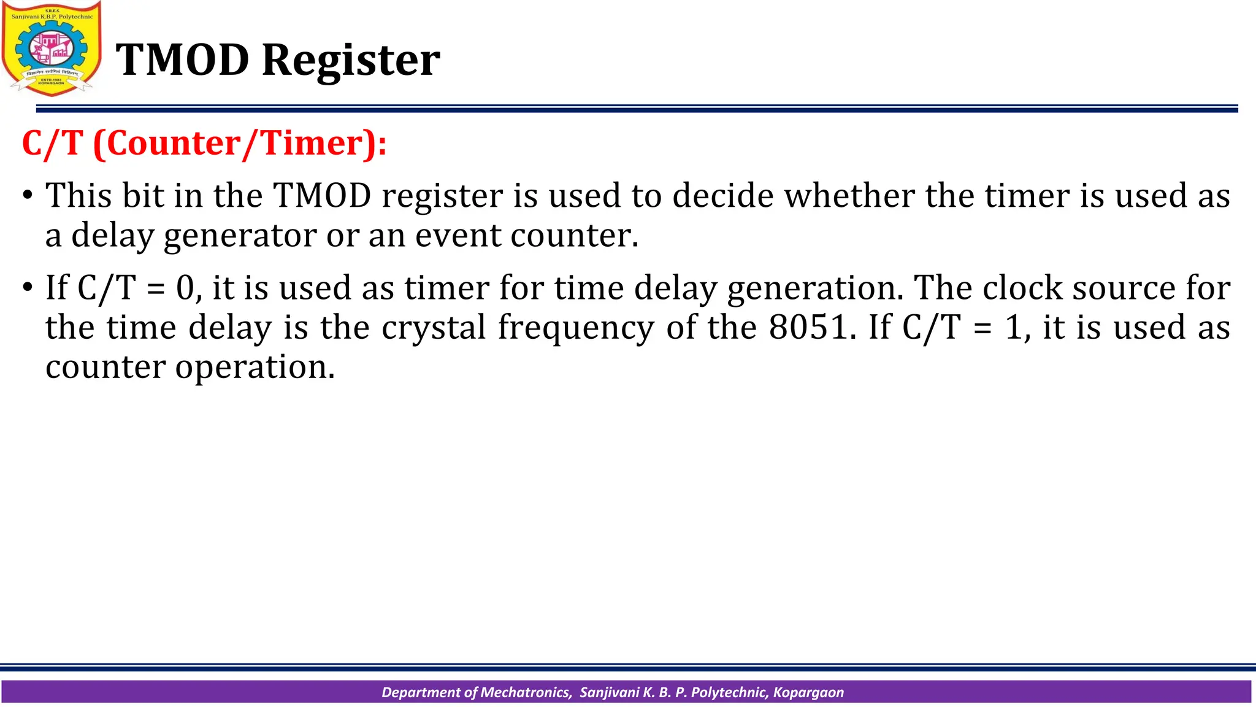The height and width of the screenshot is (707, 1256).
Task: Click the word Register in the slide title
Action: (x=351, y=60)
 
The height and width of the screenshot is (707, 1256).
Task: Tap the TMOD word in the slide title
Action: (x=183, y=60)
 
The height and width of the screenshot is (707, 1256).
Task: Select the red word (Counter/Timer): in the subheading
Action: (x=240, y=144)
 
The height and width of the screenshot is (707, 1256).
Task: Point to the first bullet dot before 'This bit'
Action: (x=28, y=196)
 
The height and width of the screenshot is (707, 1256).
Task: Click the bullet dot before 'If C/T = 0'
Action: (x=28, y=288)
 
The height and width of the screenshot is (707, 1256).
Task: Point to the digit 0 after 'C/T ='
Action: (x=185, y=288)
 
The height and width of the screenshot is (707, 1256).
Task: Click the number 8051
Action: (x=809, y=327)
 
